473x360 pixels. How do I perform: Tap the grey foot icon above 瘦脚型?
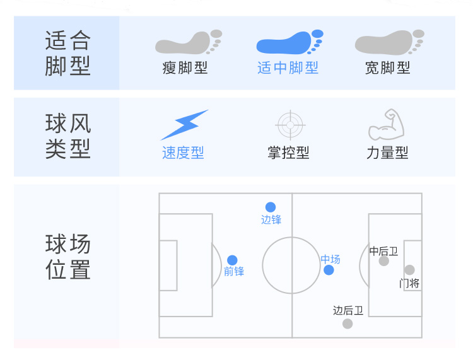coord(188,42)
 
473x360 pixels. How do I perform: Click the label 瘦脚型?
coord(185,67)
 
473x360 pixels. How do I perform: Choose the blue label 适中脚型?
coord(288,67)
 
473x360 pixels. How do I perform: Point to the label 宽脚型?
coord(387,67)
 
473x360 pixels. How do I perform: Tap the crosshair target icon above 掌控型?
coord(289,125)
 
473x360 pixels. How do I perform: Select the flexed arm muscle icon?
coord(385,125)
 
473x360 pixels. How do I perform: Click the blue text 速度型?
coord(183,153)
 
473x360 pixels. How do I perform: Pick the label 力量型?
coord(387,153)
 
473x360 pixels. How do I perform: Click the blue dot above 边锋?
coord(271,207)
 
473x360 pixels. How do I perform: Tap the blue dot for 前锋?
coord(232,260)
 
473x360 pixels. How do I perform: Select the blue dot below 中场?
coord(329,270)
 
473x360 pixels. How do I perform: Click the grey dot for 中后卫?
coord(383,261)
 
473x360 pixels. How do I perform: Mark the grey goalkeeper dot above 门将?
coord(409,270)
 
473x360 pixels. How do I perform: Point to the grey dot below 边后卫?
coord(347,323)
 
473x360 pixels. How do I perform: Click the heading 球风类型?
coord(67,136)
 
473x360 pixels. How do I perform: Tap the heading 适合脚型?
coord(67,53)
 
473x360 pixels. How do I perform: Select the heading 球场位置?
coord(67,257)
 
